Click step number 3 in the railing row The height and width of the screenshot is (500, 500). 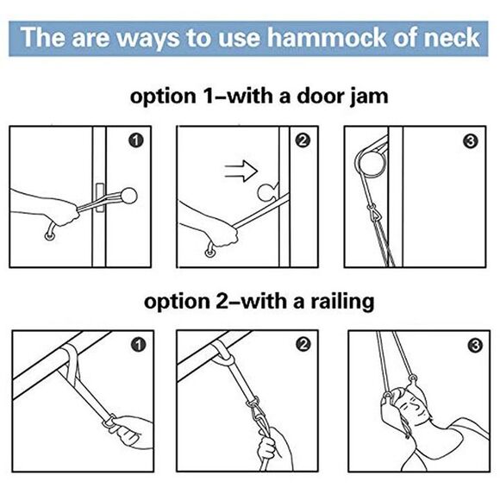468,345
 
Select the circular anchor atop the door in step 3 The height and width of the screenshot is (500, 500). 368,160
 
